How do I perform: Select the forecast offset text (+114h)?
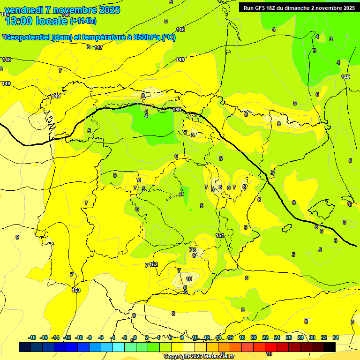(x=83, y=21)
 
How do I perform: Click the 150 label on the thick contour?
(x=177, y=110)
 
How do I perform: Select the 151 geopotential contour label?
(x=220, y=235)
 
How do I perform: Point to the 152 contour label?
(x=154, y=265)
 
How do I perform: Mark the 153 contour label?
(x=76, y=291)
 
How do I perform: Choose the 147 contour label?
(x=98, y=47)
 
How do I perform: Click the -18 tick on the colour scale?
(x=32, y=337)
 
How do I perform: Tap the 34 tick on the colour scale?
(x=336, y=337)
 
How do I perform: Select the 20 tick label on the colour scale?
(x=254, y=337)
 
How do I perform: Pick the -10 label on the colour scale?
(x=79, y=337)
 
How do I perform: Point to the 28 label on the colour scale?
(x=300, y=337)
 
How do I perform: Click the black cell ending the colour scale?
(x=330, y=347)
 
